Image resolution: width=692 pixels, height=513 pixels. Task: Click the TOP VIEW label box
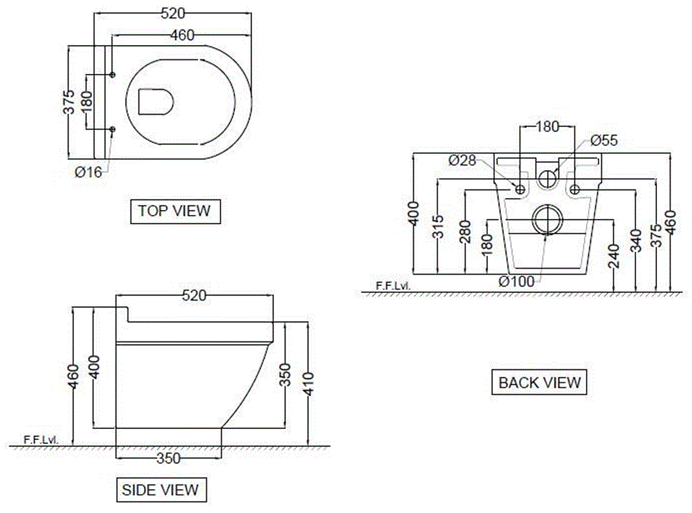click(x=175, y=211)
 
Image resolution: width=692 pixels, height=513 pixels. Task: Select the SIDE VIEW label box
click(x=161, y=489)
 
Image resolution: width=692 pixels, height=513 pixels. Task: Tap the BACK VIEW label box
click(x=539, y=383)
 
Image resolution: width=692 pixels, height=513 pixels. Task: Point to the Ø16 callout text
click(x=88, y=172)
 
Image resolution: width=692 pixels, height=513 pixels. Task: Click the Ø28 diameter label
click(x=462, y=160)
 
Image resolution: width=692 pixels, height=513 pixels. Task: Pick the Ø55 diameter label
click(x=604, y=140)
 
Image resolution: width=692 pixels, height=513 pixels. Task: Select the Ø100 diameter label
click(x=517, y=281)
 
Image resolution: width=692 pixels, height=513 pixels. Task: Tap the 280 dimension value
click(x=464, y=232)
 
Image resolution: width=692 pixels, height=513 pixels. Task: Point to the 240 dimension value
click(x=613, y=256)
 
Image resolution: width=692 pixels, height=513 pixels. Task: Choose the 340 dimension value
click(x=636, y=240)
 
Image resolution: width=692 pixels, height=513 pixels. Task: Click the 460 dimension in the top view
click(x=182, y=35)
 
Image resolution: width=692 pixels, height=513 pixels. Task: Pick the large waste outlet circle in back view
click(x=550, y=220)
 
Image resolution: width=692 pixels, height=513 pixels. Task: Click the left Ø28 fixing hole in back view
click(x=520, y=190)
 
